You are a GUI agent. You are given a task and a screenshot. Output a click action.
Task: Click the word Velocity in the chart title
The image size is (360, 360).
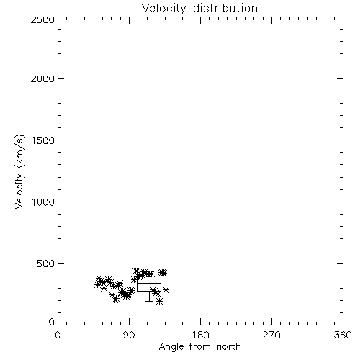(164, 9)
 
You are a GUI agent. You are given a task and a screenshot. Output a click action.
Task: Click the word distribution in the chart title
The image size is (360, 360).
(225, 8)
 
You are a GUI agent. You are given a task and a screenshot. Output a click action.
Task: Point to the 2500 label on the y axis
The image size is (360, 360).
(42, 19)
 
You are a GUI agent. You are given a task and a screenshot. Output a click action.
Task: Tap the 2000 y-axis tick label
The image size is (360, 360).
(42, 78)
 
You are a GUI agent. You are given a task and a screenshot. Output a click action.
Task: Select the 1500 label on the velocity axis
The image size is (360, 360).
(43, 140)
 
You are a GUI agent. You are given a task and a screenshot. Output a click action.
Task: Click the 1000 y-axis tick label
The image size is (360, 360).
(43, 202)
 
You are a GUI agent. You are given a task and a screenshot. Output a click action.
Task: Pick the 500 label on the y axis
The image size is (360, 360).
(46, 264)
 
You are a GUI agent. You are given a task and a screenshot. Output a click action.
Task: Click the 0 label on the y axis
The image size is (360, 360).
(52, 322)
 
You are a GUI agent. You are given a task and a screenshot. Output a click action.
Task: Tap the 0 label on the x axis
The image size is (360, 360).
(58, 335)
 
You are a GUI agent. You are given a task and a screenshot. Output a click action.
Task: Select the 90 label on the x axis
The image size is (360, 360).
(129, 335)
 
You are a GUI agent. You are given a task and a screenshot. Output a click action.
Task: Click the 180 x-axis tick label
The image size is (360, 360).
(200, 335)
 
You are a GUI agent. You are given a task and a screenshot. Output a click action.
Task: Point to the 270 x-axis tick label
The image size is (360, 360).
(271, 335)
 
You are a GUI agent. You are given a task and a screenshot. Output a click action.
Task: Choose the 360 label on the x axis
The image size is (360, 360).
(343, 335)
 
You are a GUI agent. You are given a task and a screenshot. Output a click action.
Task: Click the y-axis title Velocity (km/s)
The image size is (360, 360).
(19, 171)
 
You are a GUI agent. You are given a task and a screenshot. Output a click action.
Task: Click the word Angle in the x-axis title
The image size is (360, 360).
(171, 347)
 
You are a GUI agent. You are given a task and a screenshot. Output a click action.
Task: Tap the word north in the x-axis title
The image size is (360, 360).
(229, 347)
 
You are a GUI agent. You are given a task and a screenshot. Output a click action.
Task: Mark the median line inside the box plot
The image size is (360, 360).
(149, 283)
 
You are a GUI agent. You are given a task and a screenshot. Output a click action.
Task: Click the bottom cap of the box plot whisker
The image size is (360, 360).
(149, 301)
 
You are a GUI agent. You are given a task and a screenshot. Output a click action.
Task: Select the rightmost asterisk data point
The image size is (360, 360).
(166, 289)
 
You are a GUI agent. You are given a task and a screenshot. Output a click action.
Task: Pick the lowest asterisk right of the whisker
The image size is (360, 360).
(159, 301)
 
